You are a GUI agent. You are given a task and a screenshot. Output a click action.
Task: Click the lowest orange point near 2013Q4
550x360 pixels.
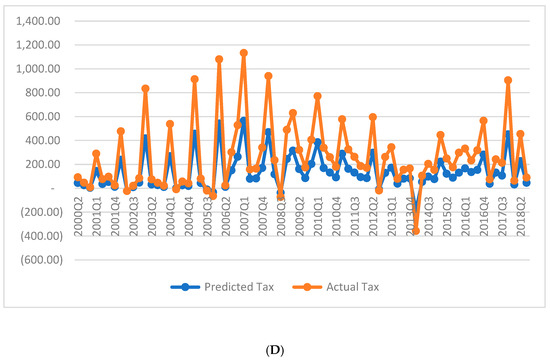[416, 231]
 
